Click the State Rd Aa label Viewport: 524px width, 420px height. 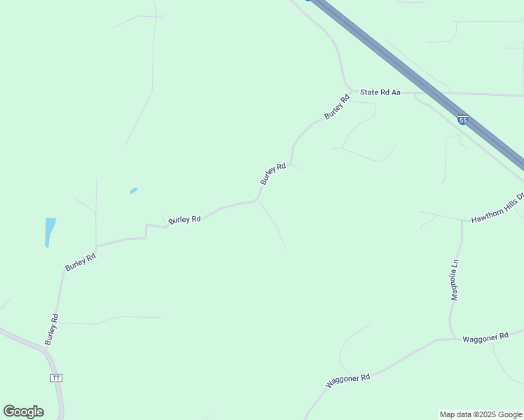[380, 92]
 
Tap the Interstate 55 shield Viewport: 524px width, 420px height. [462, 120]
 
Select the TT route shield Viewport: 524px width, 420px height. [57, 377]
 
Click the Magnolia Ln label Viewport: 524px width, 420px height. [455, 280]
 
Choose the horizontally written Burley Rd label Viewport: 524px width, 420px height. [185, 219]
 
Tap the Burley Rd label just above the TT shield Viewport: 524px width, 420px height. [51, 329]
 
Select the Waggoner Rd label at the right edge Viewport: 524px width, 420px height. [485, 337]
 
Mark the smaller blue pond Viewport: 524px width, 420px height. [133, 190]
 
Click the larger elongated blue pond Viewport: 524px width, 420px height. [49, 231]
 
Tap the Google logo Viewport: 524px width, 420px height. [23, 412]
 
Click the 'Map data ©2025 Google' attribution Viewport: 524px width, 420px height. [481, 414]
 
